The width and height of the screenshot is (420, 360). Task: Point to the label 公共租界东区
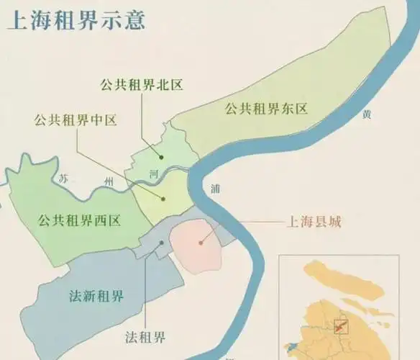tap(265, 109)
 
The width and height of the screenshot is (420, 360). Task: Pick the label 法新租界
tap(96, 297)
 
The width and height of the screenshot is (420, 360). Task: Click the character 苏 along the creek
tap(65, 178)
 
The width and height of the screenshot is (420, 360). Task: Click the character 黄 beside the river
tap(367, 114)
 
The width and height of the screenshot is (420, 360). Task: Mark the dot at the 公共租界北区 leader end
tap(163, 156)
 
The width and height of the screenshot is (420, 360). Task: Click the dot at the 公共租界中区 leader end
tap(164, 199)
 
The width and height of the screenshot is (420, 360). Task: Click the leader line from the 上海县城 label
tap(245, 225)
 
